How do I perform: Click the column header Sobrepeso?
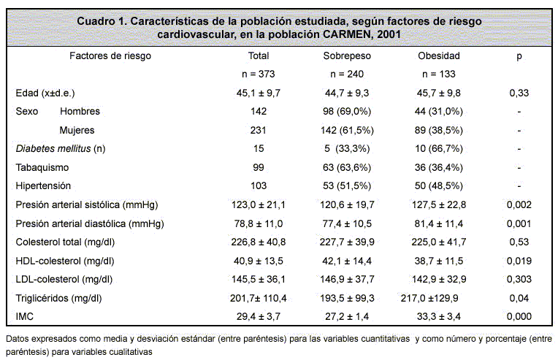[347, 55]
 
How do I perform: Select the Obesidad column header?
[439, 55]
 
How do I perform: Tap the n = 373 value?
[259, 74]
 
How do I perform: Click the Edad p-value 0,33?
[519, 93]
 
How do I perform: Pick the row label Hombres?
[80, 111]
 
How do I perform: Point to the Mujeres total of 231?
[259, 130]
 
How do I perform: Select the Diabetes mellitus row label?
[61, 149]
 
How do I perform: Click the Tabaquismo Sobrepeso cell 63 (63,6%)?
[347, 167]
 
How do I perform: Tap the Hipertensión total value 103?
[259, 185]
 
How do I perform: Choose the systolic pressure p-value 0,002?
[519, 205]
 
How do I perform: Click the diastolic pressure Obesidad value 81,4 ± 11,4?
[439, 223]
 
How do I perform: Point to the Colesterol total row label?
[65, 242]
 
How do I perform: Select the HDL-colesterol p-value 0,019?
[519, 261]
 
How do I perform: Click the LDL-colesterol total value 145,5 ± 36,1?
[259, 279]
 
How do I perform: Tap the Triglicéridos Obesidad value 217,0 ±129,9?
[429, 298]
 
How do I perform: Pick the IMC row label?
[25, 316]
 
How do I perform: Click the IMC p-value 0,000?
[519, 316]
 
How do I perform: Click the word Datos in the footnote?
[17, 339]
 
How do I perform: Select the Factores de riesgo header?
[110, 55]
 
